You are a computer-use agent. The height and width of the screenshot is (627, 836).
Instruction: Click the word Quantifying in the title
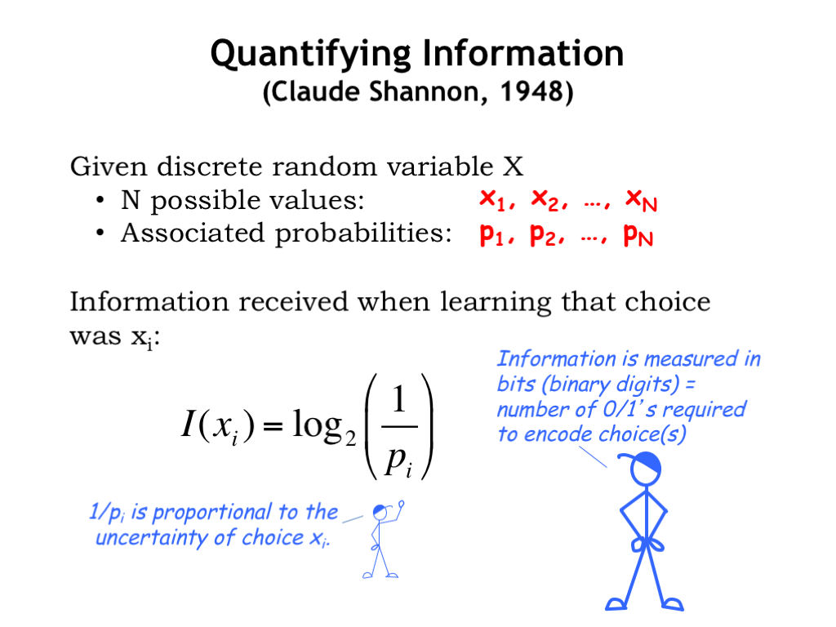pos(311,55)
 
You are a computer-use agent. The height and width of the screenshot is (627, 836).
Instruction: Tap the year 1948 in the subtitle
pos(531,91)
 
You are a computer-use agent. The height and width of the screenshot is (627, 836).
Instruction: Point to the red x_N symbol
pos(641,201)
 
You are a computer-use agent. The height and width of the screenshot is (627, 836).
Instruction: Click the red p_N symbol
pos(638,234)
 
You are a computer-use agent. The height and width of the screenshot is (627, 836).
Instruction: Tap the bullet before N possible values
pos(100,201)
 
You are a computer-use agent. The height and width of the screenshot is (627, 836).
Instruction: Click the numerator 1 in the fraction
pos(399,399)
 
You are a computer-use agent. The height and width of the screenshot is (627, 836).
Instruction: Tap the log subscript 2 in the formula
pos(350,438)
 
